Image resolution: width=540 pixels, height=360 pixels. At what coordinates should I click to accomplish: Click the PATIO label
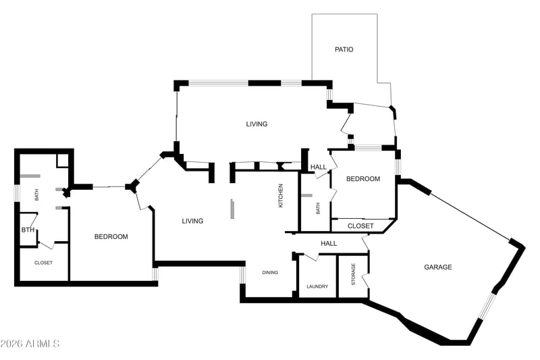pyautogui.click(x=344, y=49)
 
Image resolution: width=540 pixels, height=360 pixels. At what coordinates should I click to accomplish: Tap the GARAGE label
pyautogui.click(x=437, y=267)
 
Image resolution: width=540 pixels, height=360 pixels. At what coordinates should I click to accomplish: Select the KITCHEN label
pyautogui.click(x=281, y=196)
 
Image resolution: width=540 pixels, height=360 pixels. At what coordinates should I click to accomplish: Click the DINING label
pyautogui.click(x=270, y=272)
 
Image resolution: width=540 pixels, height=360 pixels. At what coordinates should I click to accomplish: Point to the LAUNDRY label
pyautogui.click(x=317, y=286)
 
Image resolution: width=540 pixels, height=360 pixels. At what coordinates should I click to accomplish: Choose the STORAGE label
pyautogui.click(x=353, y=274)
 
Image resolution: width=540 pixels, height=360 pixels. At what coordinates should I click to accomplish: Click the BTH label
pyautogui.click(x=28, y=230)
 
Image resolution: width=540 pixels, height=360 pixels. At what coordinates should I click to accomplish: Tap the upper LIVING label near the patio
pyautogui.click(x=256, y=124)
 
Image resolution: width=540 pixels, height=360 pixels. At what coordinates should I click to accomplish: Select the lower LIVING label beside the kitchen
pyautogui.click(x=192, y=221)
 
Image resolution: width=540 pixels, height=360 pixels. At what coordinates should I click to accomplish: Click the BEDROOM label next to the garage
pyautogui.click(x=363, y=179)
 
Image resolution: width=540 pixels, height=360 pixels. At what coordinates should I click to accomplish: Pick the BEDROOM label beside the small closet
pyautogui.click(x=111, y=236)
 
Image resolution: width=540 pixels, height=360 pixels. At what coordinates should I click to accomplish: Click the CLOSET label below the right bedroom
pyautogui.click(x=360, y=226)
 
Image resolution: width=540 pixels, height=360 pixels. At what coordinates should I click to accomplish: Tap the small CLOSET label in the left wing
pyautogui.click(x=43, y=263)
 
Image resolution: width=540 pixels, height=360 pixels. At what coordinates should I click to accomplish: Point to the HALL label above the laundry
pyautogui.click(x=329, y=244)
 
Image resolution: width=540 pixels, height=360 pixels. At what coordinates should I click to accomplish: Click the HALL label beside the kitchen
pyautogui.click(x=319, y=167)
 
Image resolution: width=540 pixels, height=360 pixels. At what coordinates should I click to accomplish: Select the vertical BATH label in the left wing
pyautogui.click(x=36, y=195)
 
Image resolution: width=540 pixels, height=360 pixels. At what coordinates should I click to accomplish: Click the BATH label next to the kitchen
pyautogui.click(x=317, y=208)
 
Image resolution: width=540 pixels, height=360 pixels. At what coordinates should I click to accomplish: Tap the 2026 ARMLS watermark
pyautogui.click(x=30, y=344)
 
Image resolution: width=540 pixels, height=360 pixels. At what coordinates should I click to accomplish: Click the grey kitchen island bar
pyautogui.click(x=233, y=209)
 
